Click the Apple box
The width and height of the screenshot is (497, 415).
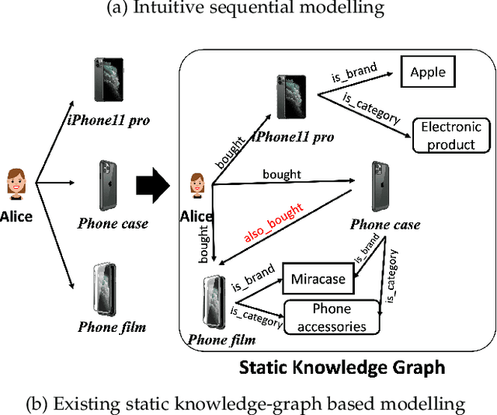(x=428, y=72)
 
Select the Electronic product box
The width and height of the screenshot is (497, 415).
(x=451, y=135)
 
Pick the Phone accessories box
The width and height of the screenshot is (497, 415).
(x=332, y=318)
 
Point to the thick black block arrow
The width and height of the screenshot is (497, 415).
(x=152, y=186)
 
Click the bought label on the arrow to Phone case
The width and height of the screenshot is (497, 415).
(x=281, y=173)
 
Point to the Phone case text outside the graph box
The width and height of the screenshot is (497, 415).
(x=113, y=224)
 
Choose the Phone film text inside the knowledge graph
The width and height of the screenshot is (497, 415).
(x=222, y=340)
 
